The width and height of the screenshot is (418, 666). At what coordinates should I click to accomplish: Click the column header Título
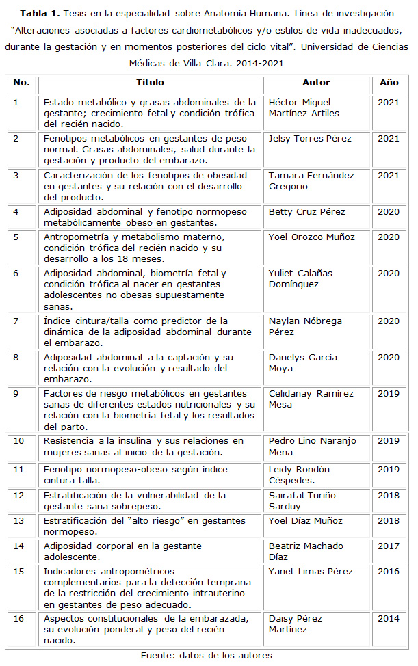[x=150, y=83]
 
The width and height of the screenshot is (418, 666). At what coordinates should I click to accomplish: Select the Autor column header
[x=316, y=83]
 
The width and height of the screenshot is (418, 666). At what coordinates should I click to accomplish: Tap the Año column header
[x=389, y=83]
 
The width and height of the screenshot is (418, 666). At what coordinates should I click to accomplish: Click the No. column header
[x=21, y=83]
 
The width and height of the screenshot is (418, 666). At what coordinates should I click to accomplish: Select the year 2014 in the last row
[x=389, y=619]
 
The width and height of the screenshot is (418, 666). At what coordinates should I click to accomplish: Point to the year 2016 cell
[x=389, y=572]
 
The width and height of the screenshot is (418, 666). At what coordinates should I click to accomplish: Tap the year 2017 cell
[x=389, y=546]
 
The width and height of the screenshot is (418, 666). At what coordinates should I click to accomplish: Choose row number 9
[x=16, y=394]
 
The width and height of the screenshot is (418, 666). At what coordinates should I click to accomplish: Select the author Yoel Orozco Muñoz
[x=311, y=237]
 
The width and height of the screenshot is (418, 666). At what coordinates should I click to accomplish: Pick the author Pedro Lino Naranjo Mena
[x=312, y=446]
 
